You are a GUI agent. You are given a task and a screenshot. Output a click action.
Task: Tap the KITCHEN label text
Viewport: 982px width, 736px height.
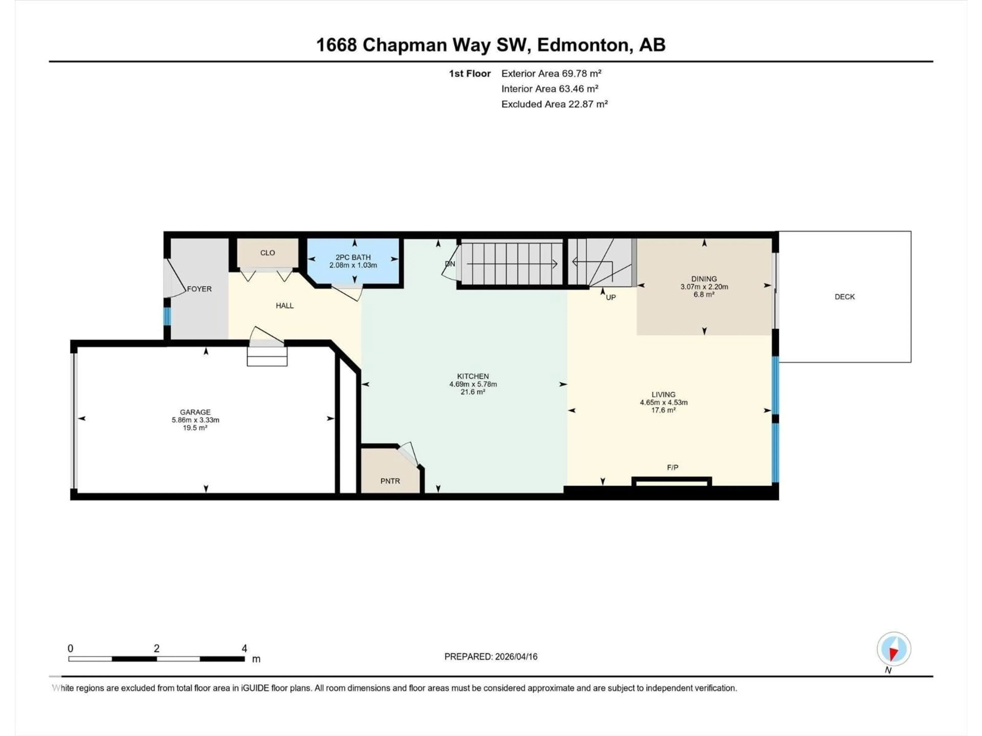473,376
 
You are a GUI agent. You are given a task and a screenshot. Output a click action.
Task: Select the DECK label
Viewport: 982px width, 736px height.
844,297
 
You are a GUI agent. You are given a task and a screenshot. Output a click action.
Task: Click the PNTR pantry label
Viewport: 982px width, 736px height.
390,481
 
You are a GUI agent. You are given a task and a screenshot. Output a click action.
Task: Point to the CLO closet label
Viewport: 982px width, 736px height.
267,253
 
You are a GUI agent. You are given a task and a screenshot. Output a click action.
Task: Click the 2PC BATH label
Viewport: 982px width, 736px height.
353,257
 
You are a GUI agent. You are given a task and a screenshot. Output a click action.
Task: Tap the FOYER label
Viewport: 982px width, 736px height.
199,289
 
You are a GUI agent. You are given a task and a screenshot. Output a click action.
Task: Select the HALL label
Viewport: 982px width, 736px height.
285,306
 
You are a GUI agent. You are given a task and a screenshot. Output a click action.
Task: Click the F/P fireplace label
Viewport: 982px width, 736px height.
673,467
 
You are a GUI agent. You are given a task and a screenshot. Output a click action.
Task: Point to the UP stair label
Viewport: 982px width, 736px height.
611,297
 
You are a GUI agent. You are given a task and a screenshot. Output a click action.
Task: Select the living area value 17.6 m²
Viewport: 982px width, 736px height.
663,410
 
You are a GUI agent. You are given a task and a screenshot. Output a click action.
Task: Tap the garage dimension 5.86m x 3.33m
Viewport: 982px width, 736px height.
195,420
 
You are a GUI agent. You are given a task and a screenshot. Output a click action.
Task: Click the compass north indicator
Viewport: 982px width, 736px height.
894,649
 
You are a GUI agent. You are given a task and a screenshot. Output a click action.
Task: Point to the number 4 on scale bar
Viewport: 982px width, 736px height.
244,649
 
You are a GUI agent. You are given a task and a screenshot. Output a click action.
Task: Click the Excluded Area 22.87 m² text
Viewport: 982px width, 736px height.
554,104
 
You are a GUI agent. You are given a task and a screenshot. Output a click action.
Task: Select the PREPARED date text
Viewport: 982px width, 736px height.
490,657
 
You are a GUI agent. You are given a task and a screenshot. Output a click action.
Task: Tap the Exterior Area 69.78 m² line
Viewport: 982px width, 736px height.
551,74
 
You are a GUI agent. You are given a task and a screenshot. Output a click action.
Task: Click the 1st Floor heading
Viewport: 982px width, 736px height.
469,74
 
